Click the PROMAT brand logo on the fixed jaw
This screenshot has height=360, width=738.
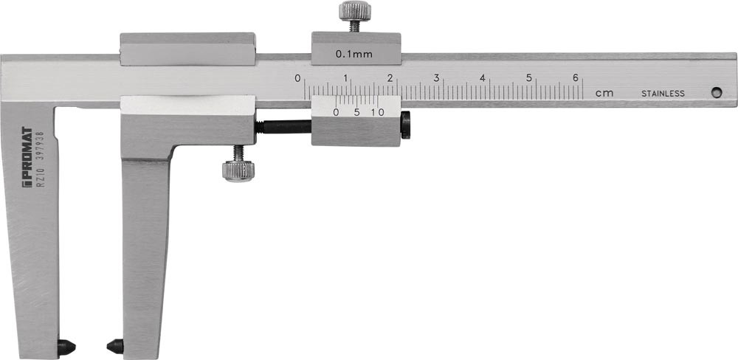tap(27, 156)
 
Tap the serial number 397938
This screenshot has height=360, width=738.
tap(40, 145)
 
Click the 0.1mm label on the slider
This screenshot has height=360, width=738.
tap(354, 54)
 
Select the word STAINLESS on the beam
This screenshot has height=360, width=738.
tap(663, 94)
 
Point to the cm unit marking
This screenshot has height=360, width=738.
tap(605, 93)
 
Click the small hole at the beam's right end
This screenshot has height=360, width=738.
tap(717, 93)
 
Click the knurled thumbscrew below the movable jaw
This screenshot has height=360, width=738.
tap(238, 165)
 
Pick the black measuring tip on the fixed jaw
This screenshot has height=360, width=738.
tap(66, 347)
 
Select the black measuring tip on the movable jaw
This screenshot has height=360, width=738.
tap(115, 347)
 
